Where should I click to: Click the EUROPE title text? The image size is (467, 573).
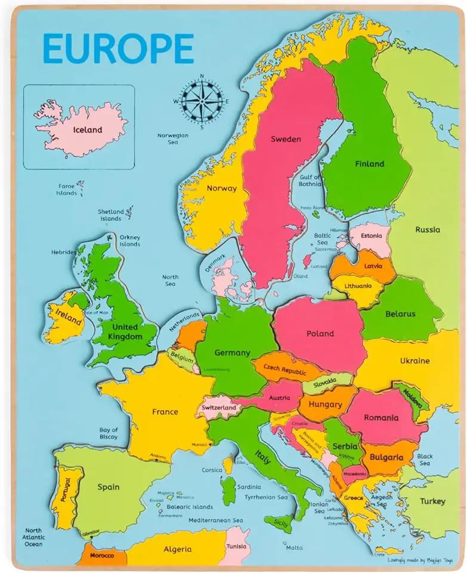[x=119, y=48]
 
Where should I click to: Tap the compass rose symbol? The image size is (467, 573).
[x=202, y=101]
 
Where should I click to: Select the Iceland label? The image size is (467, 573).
[x=88, y=130]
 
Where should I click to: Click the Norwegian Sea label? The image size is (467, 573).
[x=173, y=138]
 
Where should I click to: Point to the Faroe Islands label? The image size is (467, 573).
[x=67, y=189]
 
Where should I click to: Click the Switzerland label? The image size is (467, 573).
[x=219, y=408]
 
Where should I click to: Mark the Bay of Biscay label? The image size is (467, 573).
[x=109, y=433]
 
